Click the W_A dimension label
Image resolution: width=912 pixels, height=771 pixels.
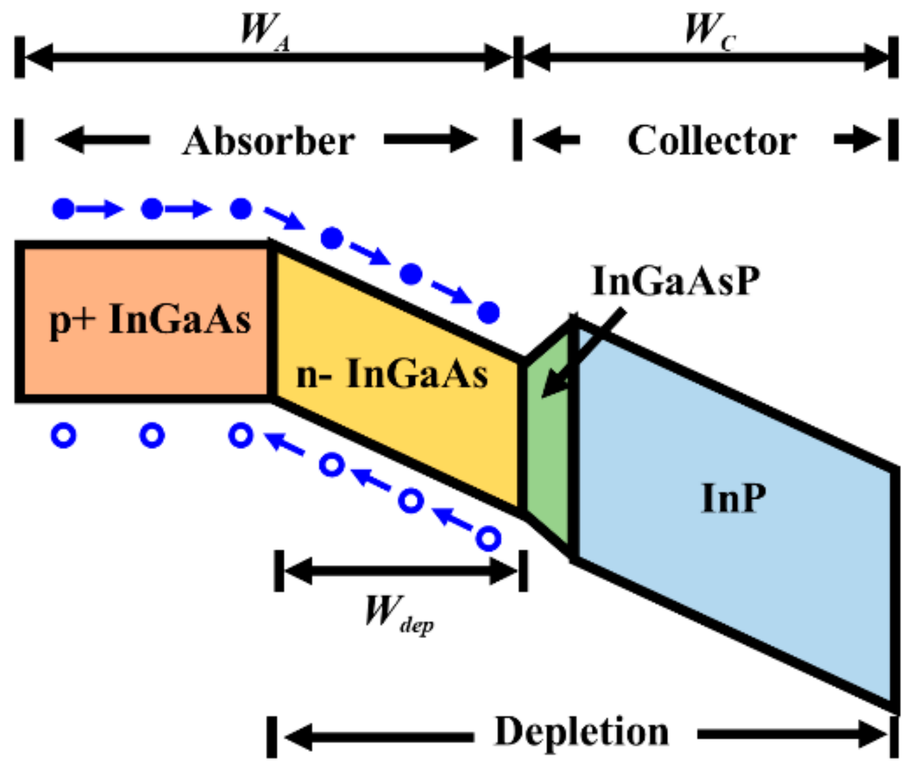coord(264,30)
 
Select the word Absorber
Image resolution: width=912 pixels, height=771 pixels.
coord(268,141)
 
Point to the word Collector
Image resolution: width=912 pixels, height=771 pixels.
coord(711,141)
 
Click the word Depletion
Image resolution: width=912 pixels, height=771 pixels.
coord(581,732)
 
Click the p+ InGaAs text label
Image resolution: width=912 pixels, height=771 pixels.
coord(150,319)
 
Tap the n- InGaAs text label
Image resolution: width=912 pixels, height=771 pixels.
coord(392,374)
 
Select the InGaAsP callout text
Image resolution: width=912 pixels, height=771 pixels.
coord(675,281)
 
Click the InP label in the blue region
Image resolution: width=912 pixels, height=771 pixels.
coord(733,498)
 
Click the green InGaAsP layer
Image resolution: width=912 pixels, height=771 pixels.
coord(547,450)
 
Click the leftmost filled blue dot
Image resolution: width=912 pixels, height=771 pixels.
coord(63,209)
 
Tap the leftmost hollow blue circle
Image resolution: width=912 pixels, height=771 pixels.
coord(63,436)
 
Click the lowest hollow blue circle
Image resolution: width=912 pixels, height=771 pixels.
coord(488,538)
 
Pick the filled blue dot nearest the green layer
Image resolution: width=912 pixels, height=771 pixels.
coord(488,313)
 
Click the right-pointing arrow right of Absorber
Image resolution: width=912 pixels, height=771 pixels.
coord(430,140)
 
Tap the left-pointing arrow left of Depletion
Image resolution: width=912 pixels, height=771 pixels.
coord(379,736)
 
